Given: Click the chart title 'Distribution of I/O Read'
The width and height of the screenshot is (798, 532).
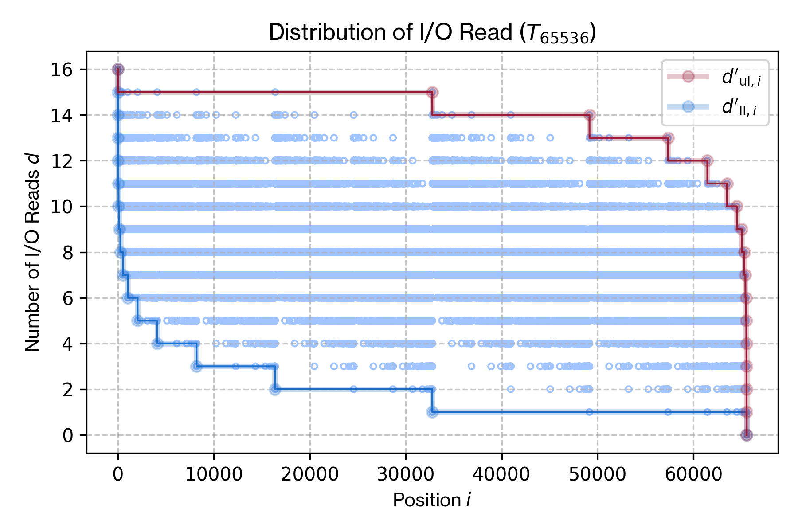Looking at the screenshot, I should point(390,32).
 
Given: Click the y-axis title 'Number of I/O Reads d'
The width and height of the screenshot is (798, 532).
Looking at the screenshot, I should point(32,253).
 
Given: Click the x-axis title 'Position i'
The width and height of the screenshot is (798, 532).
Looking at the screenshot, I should point(431,500).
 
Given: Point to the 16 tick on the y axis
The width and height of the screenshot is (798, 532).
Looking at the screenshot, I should point(62,70).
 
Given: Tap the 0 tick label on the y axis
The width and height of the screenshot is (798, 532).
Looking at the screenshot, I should point(68,435).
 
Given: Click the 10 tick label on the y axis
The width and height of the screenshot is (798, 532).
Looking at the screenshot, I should point(62,207).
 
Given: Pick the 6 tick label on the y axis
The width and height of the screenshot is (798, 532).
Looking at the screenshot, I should point(68,298).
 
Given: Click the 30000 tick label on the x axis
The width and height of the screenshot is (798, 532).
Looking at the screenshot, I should point(405,474).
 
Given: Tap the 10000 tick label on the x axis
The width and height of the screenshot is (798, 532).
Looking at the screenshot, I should point(214,474).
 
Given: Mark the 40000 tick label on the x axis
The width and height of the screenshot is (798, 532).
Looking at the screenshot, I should point(501,474).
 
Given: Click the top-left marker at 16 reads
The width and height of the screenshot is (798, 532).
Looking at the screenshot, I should point(118,69).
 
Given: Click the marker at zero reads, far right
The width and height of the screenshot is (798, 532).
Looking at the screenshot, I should point(747,435).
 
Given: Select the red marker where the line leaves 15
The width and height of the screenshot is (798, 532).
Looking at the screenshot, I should point(432,92).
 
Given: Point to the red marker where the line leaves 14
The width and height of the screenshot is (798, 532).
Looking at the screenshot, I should point(590,115).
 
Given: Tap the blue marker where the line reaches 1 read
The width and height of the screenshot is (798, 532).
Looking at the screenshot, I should point(432,412).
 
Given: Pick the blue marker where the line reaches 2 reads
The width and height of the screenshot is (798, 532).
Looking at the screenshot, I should point(275,389).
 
